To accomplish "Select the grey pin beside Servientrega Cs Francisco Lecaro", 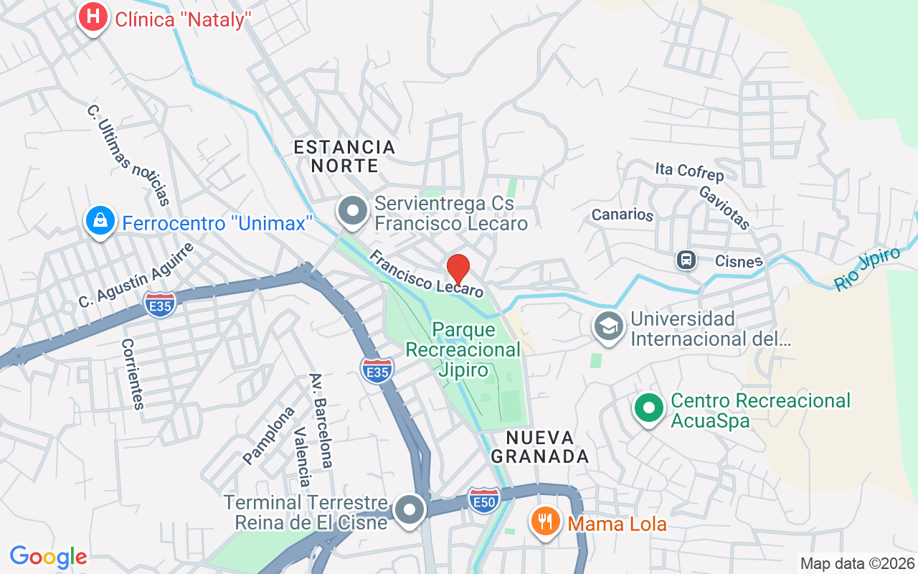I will pyautogui.click(x=352, y=212).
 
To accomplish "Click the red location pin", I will pyautogui.click(x=458, y=270).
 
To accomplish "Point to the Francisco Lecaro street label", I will pyautogui.click(x=426, y=273).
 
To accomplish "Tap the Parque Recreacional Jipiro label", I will pyautogui.click(x=463, y=349).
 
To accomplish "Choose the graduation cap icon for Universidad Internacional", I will pyautogui.click(x=609, y=326).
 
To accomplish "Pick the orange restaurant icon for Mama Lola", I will pyautogui.click(x=546, y=522).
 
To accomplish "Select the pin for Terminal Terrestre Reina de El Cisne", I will pyautogui.click(x=410, y=511).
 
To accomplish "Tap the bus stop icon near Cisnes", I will pyautogui.click(x=686, y=260).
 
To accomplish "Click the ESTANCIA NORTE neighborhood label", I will pyautogui.click(x=344, y=156).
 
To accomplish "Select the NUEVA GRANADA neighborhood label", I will pyautogui.click(x=547, y=446).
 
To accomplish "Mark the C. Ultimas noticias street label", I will pyautogui.click(x=128, y=155).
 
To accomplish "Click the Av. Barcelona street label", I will pyautogui.click(x=321, y=420).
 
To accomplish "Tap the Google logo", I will pyautogui.click(x=48, y=556).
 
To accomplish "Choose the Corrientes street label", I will pyautogui.click(x=133, y=373).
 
